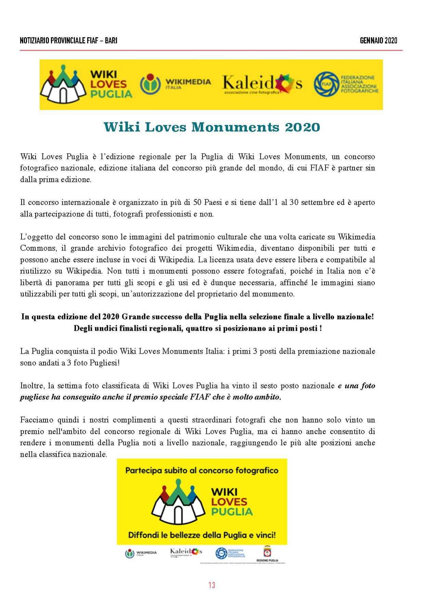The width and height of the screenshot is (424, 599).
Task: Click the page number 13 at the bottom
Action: pyautogui.click(x=212, y=585)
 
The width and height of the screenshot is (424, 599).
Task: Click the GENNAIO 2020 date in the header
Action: pyautogui.click(x=378, y=41)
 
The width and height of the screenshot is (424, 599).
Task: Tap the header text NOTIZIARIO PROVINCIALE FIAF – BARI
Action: pyautogui.click(x=68, y=41)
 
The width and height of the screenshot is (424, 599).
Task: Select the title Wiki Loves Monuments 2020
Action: pyautogui.click(x=212, y=127)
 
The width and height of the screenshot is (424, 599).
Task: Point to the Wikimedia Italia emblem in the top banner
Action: pyautogui.click(x=150, y=84)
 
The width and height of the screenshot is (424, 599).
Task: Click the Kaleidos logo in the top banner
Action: pyautogui.click(x=262, y=84)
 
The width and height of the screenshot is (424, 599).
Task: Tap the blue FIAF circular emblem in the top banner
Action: pyautogui.click(x=325, y=84)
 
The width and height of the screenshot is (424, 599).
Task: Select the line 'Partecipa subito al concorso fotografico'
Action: pyautogui.click(x=202, y=471)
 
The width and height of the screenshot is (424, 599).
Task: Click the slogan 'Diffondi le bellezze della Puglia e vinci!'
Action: pyautogui.click(x=202, y=535)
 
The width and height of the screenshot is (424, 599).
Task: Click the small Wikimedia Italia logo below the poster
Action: pyautogui.click(x=141, y=553)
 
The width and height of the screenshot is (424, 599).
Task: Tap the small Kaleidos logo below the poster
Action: pyautogui.click(x=186, y=552)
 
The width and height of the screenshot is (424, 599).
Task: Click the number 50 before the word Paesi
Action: pyautogui.click(x=197, y=202)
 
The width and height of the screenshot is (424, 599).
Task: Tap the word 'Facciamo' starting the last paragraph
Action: pyautogui.click(x=36, y=420)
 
